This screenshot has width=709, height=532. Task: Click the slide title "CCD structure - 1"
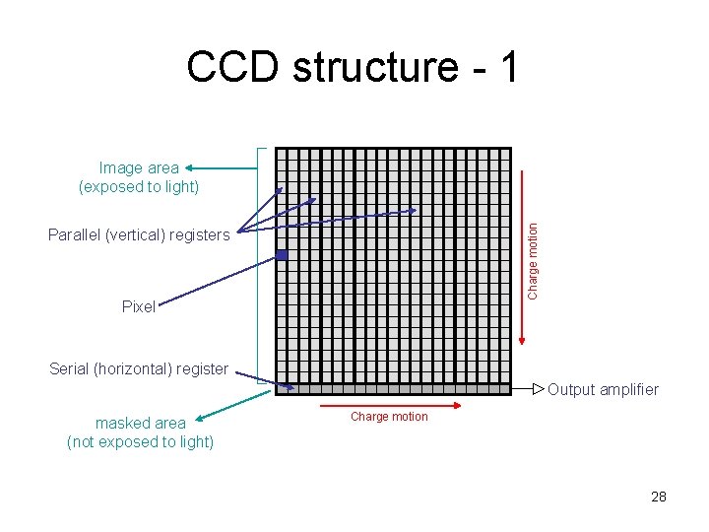pyautogui.click(x=352, y=67)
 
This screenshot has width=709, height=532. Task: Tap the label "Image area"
pyautogui.click(x=139, y=168)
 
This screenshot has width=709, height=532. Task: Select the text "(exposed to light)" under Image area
pyautogui.click(x=139, y=186)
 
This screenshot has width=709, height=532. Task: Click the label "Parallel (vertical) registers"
pyautogui.click(x=139, y=234)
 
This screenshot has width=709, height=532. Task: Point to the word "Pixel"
pyautogui.click(x=139, y=306)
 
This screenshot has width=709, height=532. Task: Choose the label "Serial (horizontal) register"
pyautogui.click(x=139, y=369)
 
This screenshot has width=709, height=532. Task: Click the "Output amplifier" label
pyautogui.click(x=603, y=389)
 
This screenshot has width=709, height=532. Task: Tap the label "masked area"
pyautogui.click(x=140, y=423)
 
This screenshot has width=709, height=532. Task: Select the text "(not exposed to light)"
pyautogui.click(x=140, y=441)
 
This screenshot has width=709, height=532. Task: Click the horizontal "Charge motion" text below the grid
pyautogui.click(x=389, y=417)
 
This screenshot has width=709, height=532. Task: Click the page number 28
pyautogui.click(x=659, y=497)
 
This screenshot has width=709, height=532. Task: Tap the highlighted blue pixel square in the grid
pyautogui.click(x=282, y=255)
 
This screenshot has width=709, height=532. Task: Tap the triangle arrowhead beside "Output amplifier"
pyautogui.click(x=538, y=390)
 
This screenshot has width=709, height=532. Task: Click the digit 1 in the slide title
pyautogui.click(x=507, y=67)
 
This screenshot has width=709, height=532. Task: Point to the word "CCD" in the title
pyautogui.click(x=233, y=67)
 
